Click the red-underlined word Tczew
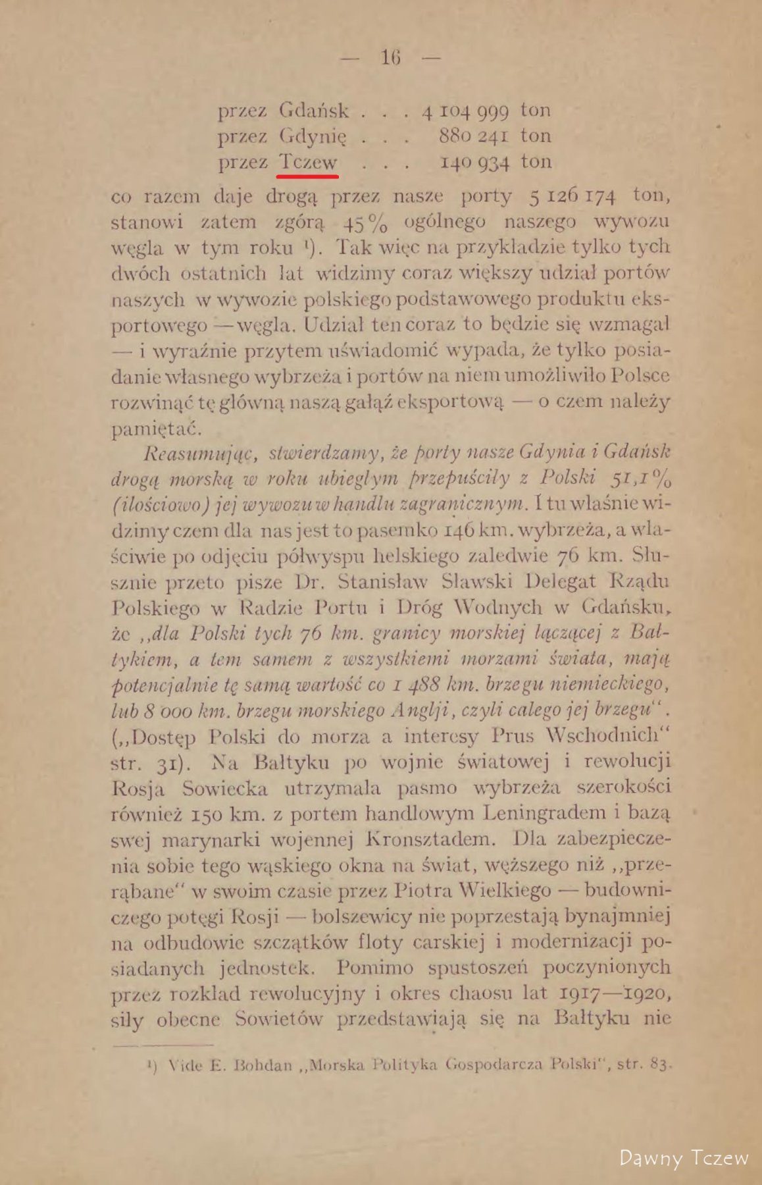tap(308, 162)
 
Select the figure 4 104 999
tap(465, 111)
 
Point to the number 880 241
tap(474, 136)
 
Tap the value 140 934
tap(474, 163)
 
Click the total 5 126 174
tap(572, 197)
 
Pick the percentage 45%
tap(365, 223)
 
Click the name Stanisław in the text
tap(373, 582)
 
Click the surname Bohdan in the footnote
tap(259, 1065)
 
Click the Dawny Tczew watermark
tap(684, 1158)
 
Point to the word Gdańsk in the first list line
tap(313, 111)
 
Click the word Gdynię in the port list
tap(312, 136)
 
